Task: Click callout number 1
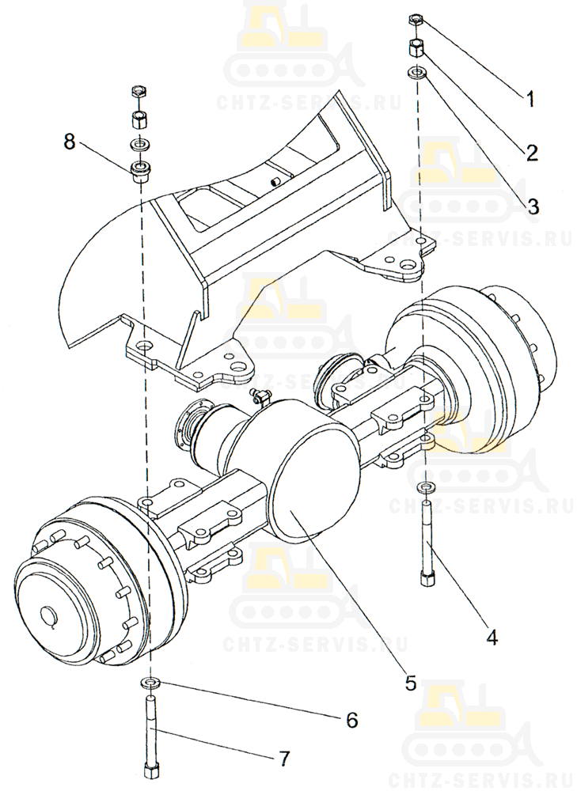[x=529, y=99]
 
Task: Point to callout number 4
[x=492, y=637]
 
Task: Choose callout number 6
[x=352, y=720]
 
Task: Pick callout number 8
[x=69, y=142]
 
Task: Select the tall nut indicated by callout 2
[x=416, y=49]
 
